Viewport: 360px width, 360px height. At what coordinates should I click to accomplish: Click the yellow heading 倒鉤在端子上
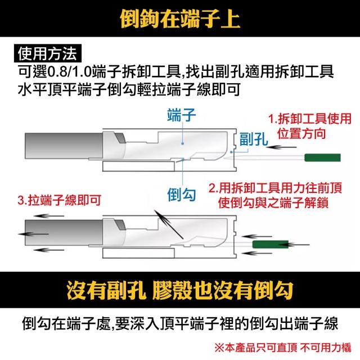(x=180, y=19)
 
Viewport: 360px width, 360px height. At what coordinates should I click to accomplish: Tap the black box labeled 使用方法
(x=48, y=53)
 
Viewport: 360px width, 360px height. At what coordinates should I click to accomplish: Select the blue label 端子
(x=182, y=115)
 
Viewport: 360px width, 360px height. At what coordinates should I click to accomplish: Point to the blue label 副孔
(x=254, y=139)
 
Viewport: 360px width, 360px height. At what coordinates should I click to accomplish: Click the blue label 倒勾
(x=182, y=195)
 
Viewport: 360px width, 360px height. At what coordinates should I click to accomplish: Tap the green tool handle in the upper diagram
(x=322, y=157)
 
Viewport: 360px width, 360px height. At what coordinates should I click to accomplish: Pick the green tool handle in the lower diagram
(x=271, y=244)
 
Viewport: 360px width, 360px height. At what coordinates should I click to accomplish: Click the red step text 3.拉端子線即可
(x=60, y=200)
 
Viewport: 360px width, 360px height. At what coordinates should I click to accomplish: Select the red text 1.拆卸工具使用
(x=310, y=119)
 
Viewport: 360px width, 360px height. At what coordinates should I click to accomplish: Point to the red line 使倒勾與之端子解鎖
(x=273, y=202)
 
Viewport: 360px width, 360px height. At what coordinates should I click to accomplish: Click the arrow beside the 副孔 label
(x=282, y=147)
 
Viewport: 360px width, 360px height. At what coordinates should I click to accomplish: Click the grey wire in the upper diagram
(x=64, y=146)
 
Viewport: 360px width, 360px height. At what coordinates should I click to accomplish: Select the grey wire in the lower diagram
(x=64, y=232)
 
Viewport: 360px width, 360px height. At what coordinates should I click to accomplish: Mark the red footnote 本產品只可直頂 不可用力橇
(x=283, y=348)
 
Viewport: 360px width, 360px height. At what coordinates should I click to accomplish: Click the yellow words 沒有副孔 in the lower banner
(x=106, y=290)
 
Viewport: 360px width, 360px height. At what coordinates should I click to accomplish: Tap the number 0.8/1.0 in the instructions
(x=69, y=72)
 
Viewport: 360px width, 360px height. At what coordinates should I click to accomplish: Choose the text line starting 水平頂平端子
(x=129, y=89)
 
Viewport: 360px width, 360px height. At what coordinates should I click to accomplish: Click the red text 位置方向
(x=301, y=133)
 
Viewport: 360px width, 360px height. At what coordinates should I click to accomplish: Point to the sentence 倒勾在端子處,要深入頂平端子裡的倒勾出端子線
(x=180, y=323)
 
